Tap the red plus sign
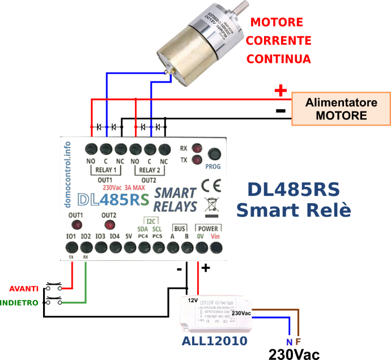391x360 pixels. (280, 91)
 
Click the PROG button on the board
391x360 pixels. (214, 154)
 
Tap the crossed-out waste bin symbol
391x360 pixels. (212, 204)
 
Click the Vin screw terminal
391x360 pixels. (214, 247)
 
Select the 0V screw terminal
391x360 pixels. (200, 247)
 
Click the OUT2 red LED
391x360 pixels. (109, 225)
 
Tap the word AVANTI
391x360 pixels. (25, 287)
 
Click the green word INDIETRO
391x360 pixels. (20, 303)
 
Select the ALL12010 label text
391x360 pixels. (214, 341)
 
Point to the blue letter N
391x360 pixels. (289, 342)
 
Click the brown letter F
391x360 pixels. (298, 342)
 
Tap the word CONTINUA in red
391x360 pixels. (278, 59)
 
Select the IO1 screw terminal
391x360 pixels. (72, 247)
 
